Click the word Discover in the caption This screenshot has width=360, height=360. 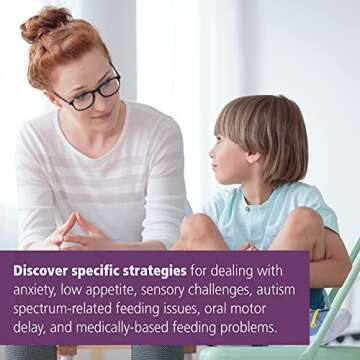[x=44, y=270]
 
